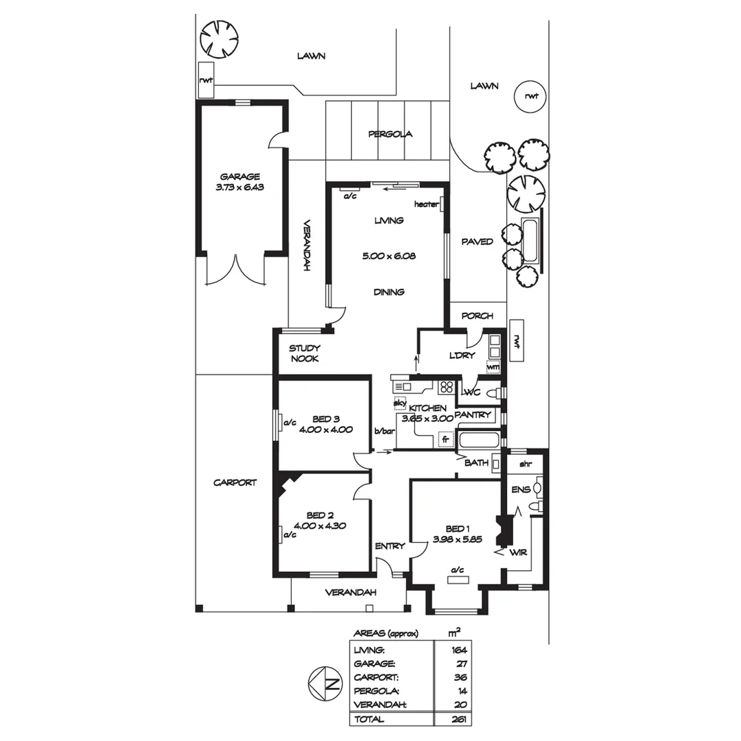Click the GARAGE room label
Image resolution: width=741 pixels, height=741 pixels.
click(239, 176)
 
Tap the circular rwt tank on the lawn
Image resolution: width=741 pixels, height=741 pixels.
click(531, 96)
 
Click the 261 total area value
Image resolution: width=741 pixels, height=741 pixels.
click(459, 719)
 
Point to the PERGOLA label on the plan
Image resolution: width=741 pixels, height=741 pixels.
click(390, 134)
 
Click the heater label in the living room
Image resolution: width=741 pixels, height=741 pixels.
click(425, 204)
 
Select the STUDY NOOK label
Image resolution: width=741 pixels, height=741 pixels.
click(303, 353)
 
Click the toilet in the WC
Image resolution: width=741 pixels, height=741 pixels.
click(491, 393)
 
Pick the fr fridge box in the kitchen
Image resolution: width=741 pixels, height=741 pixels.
click(445, 438)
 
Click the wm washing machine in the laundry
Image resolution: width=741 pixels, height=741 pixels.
click(492, 366)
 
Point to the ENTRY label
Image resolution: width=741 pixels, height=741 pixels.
click(390, 546)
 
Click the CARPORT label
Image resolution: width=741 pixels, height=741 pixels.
click(235, 482)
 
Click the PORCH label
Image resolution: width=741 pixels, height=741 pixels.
click(477, 316)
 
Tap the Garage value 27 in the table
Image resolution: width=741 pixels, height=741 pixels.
click(460, 663)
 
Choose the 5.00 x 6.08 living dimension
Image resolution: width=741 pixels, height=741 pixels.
click(388, 256)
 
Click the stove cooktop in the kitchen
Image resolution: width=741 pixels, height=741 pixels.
click(447, 386)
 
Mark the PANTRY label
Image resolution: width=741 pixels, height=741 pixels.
click(473, 414)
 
